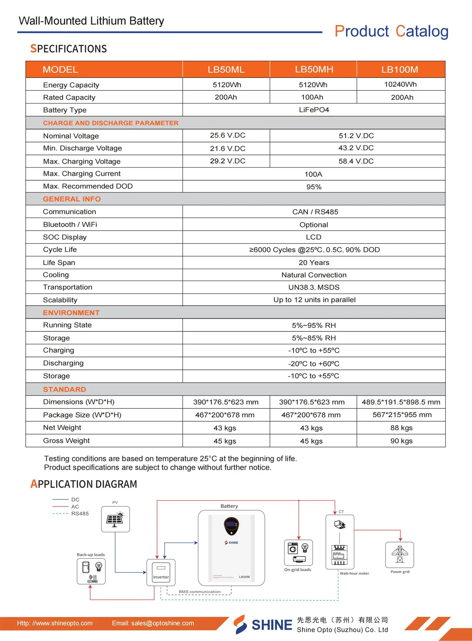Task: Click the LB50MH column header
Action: (x=314, y=69)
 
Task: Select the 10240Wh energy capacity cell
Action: (x=400, y=84)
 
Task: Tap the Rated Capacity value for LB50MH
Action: (x=312, y=97)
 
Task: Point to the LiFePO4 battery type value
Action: (x=314, y=110)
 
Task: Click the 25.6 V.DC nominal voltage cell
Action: (x=227, y=135)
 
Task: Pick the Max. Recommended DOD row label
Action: (x=88, y=186)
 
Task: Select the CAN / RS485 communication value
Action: (x=315, y=212)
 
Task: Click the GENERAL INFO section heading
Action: (x=72, y=199)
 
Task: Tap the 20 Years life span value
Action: (x=314, y=262)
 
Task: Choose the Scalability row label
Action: (x=60, y=300)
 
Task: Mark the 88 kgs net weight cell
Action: (x=401, y=428)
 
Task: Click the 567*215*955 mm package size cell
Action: (x=402, y=415)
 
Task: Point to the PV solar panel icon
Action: (x=115, y=519)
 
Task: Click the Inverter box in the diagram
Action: (x=161, y=572)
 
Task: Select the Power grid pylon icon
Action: (x=399, y=554)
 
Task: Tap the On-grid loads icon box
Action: (x=298, y=552)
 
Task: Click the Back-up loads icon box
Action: (x=91, y=571)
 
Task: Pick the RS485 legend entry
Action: (x=80, y=513)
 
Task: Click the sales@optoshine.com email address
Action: (x=163, y=623)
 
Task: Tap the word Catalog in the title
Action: (x=422, y=31)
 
